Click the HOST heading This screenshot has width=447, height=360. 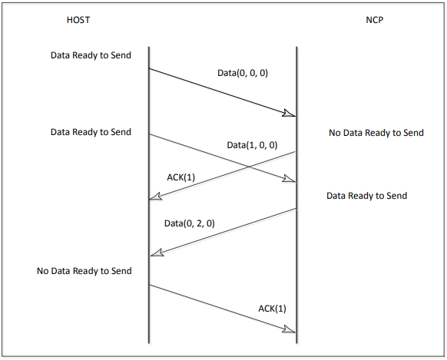78,19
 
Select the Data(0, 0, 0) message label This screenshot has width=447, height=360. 243,74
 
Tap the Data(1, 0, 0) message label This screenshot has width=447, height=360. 252,144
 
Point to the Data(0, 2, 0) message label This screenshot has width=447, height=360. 190,223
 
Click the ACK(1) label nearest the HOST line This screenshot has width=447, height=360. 180,177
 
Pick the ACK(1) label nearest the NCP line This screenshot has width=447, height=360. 273,309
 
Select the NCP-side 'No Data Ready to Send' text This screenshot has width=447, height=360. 376,133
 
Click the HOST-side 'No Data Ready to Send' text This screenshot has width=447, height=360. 84,271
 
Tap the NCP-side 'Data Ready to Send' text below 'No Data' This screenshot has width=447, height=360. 366,196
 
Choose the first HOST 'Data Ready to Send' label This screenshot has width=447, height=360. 91,55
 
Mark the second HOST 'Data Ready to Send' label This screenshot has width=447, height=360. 91,132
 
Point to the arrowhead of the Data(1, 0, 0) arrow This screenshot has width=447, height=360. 290,180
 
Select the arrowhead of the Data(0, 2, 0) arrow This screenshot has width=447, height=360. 156,253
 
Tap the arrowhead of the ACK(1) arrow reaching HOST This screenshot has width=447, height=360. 156,198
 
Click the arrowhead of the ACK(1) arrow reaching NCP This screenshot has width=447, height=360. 290,330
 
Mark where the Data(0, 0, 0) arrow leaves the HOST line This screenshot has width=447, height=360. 148,68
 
